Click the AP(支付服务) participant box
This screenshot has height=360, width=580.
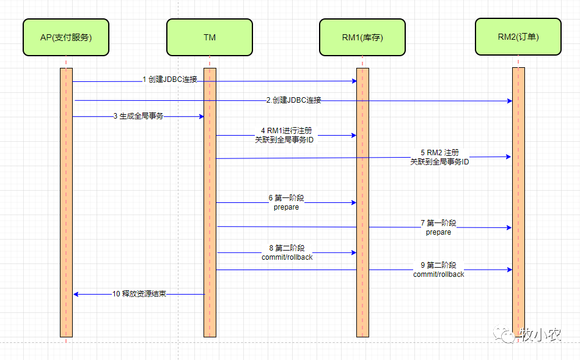66,37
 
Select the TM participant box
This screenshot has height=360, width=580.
209,37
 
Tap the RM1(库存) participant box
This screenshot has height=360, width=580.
362,37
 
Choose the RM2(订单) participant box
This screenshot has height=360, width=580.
518,37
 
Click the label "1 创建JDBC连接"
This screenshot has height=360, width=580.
170,79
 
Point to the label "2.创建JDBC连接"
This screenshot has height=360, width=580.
293,100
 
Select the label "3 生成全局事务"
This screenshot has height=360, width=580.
138,116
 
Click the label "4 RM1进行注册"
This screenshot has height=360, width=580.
286,131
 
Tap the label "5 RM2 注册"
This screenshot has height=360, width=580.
439,152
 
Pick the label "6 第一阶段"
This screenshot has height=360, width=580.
286,198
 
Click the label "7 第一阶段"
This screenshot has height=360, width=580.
438,224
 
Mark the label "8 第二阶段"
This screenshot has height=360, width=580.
287,248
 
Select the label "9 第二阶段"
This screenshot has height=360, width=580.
438,265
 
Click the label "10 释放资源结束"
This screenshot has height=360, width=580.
139,294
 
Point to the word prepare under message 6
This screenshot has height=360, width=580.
286,207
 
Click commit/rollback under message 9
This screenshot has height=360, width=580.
438,274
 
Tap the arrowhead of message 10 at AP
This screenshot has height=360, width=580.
76,294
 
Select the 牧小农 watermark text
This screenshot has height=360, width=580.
540,334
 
